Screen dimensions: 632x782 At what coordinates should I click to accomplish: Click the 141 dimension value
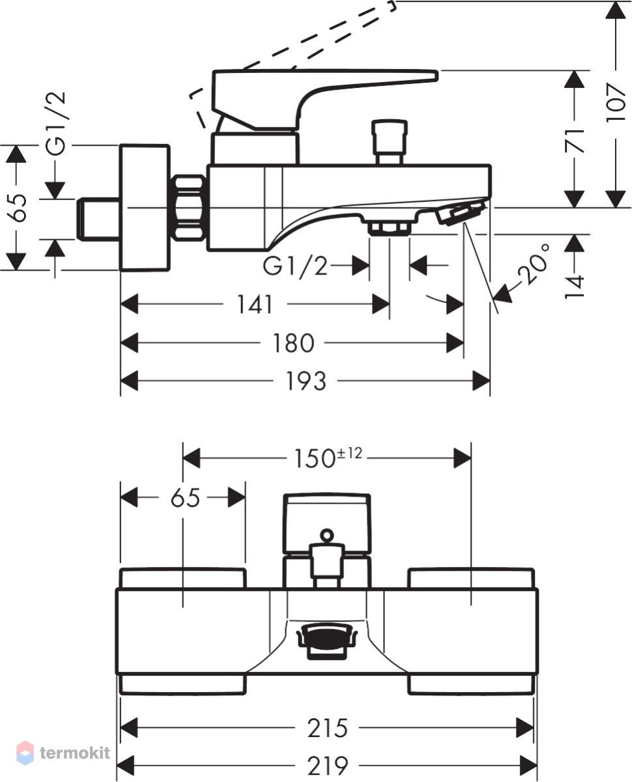pos(255,304)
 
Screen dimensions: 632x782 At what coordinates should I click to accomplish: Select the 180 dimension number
pos(293,343)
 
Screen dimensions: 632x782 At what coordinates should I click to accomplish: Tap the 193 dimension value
pos(306,381)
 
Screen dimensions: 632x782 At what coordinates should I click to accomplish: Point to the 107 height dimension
pos(616,103)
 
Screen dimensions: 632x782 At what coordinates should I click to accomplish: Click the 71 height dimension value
pos(574,141)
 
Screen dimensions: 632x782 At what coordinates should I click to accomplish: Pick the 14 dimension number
pos(574,286)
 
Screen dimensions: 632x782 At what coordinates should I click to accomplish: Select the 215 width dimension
pos(327,729)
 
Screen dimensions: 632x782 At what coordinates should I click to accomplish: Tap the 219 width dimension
pos(327,766)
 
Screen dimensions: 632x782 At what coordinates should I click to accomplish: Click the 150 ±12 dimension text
pos(328,457)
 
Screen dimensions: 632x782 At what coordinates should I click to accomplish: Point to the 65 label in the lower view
pos(185,498)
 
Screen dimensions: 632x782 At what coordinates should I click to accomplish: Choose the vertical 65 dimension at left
pos(18,207)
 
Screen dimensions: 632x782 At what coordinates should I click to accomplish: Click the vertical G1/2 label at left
pos(55,123)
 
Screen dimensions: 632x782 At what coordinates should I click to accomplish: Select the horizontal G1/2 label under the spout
pos(294,265)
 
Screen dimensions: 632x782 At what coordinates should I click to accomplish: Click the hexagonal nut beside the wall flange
pos(190,208)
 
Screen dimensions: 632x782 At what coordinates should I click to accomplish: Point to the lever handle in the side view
pos(315,99)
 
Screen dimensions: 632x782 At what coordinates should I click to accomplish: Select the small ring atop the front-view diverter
pos(326,535)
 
